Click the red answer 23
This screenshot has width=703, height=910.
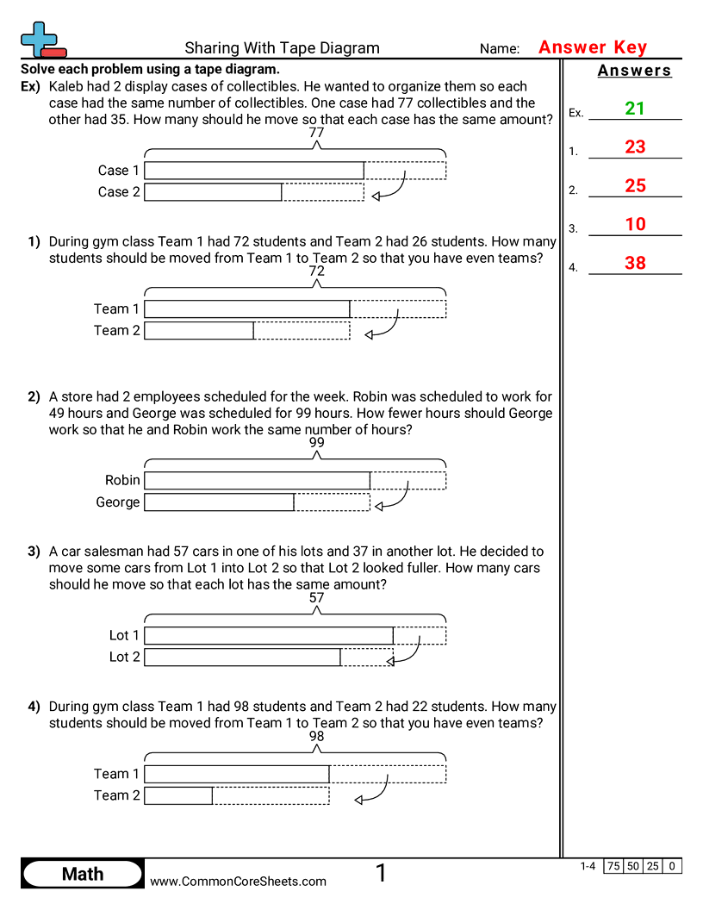coord(635,147)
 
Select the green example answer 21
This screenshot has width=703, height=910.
coord(635,109)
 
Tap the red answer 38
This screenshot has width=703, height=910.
coord(635,264)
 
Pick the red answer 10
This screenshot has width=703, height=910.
coord(635,225)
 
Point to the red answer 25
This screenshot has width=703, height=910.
coord(635,186)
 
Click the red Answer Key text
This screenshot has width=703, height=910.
coord(592,48)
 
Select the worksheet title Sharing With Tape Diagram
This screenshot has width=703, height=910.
coord(282,48)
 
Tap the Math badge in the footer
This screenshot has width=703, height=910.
coord(83,874)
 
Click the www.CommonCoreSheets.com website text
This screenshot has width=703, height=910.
coord(239,881)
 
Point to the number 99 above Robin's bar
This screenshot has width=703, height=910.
coord(317,443)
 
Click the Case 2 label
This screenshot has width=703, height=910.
coord(119,192)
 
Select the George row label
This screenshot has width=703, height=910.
coord(118,502)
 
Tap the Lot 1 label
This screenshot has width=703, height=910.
coord(124,635)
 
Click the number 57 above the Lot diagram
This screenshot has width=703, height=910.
coord(317,598)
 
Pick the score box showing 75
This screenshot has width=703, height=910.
coord(613,866)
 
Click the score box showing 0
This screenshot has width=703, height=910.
coord(672,866)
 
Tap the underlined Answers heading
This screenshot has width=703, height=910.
coord(634,71)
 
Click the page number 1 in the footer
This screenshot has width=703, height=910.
coord(381,874)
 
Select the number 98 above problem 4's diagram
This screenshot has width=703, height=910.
coord(317,737)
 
